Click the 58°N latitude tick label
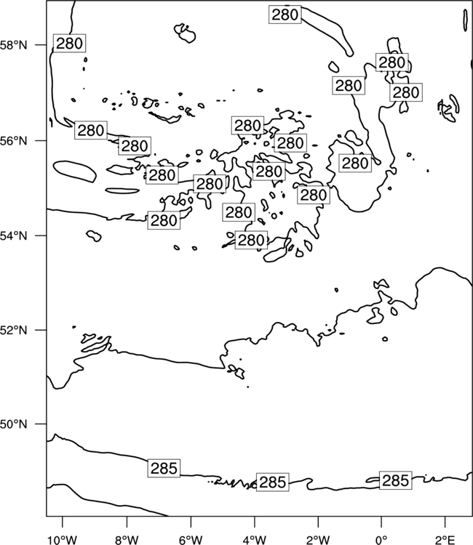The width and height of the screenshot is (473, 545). tap(13, 45)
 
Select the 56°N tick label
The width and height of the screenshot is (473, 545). tap(13, 141)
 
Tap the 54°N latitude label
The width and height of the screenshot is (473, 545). tap(13, 235)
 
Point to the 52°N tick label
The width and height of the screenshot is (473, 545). tap(13, 330)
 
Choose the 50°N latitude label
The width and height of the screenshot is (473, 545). tap(13, 424)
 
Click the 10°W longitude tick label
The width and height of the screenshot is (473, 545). tap(63, 540)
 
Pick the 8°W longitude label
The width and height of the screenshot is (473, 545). tap(127, 540)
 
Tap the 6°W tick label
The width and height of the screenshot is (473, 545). tap(191, 540)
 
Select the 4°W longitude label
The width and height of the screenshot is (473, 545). tap(255, 540)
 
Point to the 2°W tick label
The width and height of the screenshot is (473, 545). tap(318, 540)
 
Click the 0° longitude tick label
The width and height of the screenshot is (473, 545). tap(382, 540)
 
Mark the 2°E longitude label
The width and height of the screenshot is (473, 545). tap(445, 540)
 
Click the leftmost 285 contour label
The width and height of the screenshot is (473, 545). tap(164, 468)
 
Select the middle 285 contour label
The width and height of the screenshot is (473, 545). tap(273, 482)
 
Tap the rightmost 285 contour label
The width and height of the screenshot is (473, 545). tap(395, 481)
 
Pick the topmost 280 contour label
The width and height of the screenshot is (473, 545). tap(285, 15)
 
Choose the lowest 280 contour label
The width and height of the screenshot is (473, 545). tap(251, 241)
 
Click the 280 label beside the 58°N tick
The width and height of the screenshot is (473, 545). tap(69, 44)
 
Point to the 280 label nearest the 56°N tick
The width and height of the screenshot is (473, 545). tap(91, 130)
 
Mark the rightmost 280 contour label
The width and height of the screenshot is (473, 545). tap(406, 92)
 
